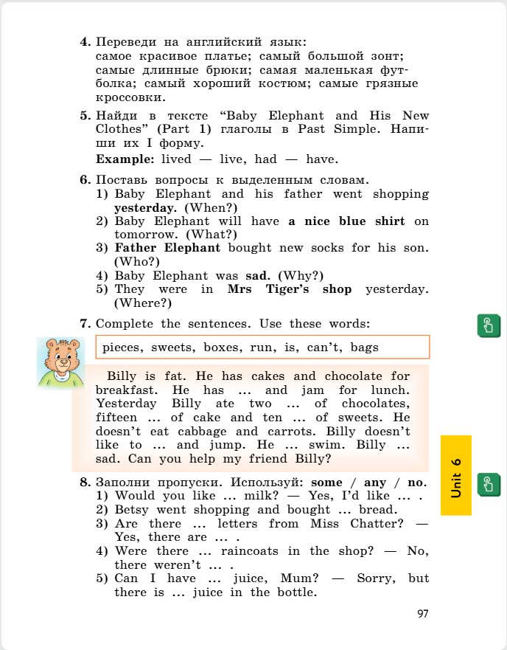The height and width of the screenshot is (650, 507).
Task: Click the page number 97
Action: point(422,614)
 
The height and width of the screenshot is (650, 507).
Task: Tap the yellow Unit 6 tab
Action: point(456,475)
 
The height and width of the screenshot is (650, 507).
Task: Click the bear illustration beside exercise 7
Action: point(60,363)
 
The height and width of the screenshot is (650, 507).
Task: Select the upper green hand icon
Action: point(489,325)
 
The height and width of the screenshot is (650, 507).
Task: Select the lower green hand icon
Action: point(489,484)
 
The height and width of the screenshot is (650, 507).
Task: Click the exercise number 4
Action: point(84,42)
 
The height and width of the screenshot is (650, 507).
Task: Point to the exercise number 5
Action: point(84,116)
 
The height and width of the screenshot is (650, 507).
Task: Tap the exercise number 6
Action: point(84,180)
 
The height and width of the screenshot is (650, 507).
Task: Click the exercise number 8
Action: point(84,483)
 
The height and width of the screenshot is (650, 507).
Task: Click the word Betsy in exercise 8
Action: point(132,510)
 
